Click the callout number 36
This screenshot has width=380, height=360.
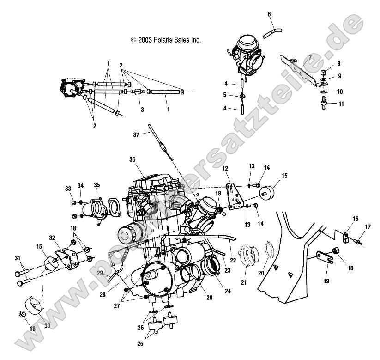click(x=132, y=159)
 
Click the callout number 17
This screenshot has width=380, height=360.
click(x=368, y=226)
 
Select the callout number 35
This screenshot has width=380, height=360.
click(x=97, y=185)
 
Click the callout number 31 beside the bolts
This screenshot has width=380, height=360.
click(x=18, y=258)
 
